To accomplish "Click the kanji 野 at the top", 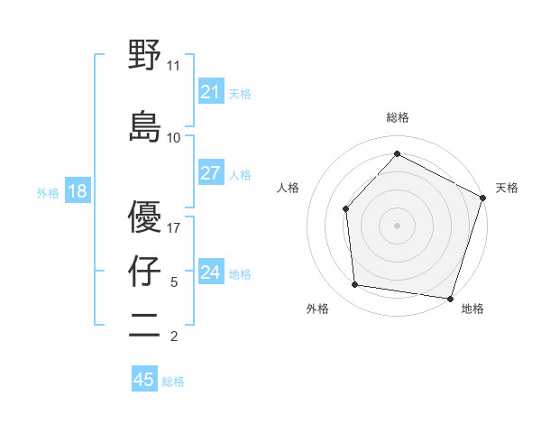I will coord(144,56).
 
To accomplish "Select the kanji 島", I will coord(144,126).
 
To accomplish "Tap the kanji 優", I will coord(144,217).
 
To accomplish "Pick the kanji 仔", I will coord(144,272).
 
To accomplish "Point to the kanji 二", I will coord(144,326).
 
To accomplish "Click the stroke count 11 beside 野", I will coord(174,66).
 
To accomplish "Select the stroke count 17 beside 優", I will coord(174,228).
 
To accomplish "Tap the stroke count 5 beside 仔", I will coord(174,282).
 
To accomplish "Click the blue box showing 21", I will coord(211,92).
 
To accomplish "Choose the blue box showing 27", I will coord(211,173).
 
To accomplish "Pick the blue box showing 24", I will coord(211,272).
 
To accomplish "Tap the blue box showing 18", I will coord(77,191).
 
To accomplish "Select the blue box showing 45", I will coord(144,380).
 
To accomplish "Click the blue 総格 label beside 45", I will coord(173,382).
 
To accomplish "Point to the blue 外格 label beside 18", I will coord(48,192).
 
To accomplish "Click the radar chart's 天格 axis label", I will coord(507,188).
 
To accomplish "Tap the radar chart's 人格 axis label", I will coord(289,188).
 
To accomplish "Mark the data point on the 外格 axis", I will coord(355,285).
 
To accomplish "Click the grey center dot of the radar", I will coord(397,225).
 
